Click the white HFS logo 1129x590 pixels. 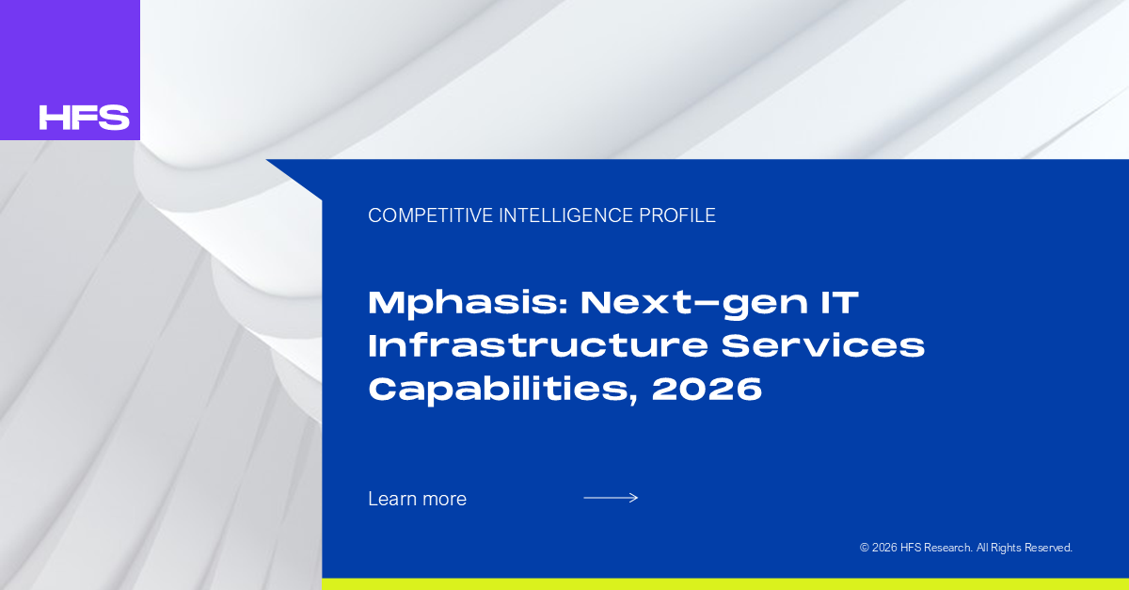[84, 117]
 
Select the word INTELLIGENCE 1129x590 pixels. [566, 215]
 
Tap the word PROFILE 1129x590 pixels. [677, 215]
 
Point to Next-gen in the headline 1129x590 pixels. [694, 304]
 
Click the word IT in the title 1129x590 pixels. [839, 302]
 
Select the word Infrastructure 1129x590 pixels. [538, 345]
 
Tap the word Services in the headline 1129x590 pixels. [823, 345]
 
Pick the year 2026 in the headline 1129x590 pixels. [707, 389]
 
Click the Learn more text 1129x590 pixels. [418, 499]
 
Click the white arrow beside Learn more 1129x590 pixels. [611, 498]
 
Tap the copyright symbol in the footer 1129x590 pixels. [865, 548]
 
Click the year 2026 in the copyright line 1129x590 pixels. [884, 548]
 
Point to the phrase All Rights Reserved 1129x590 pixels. [1025, 548]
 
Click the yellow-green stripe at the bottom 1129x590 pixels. [725, 584]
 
